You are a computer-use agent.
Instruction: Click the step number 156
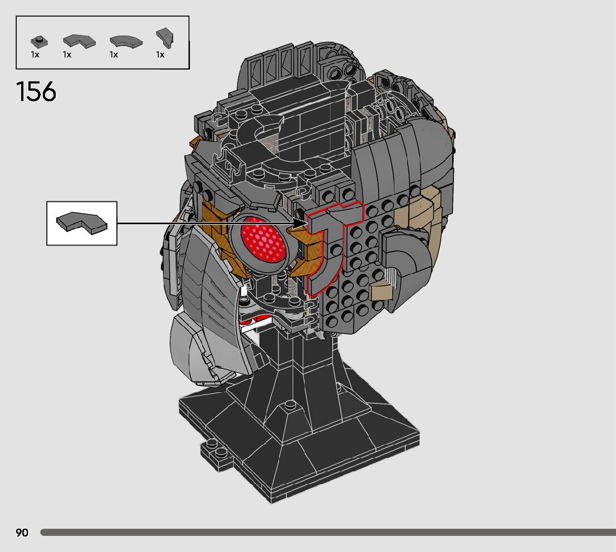[x=36, y=92]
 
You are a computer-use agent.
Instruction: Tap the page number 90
[x=22, y=533]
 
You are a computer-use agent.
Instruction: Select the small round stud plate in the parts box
[x=40, y=41]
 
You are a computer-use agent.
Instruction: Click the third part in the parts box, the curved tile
[x=126, y=41]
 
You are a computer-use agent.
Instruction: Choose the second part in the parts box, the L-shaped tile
[x=79, y=41]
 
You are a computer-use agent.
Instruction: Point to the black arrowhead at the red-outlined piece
[x=301, y=223]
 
